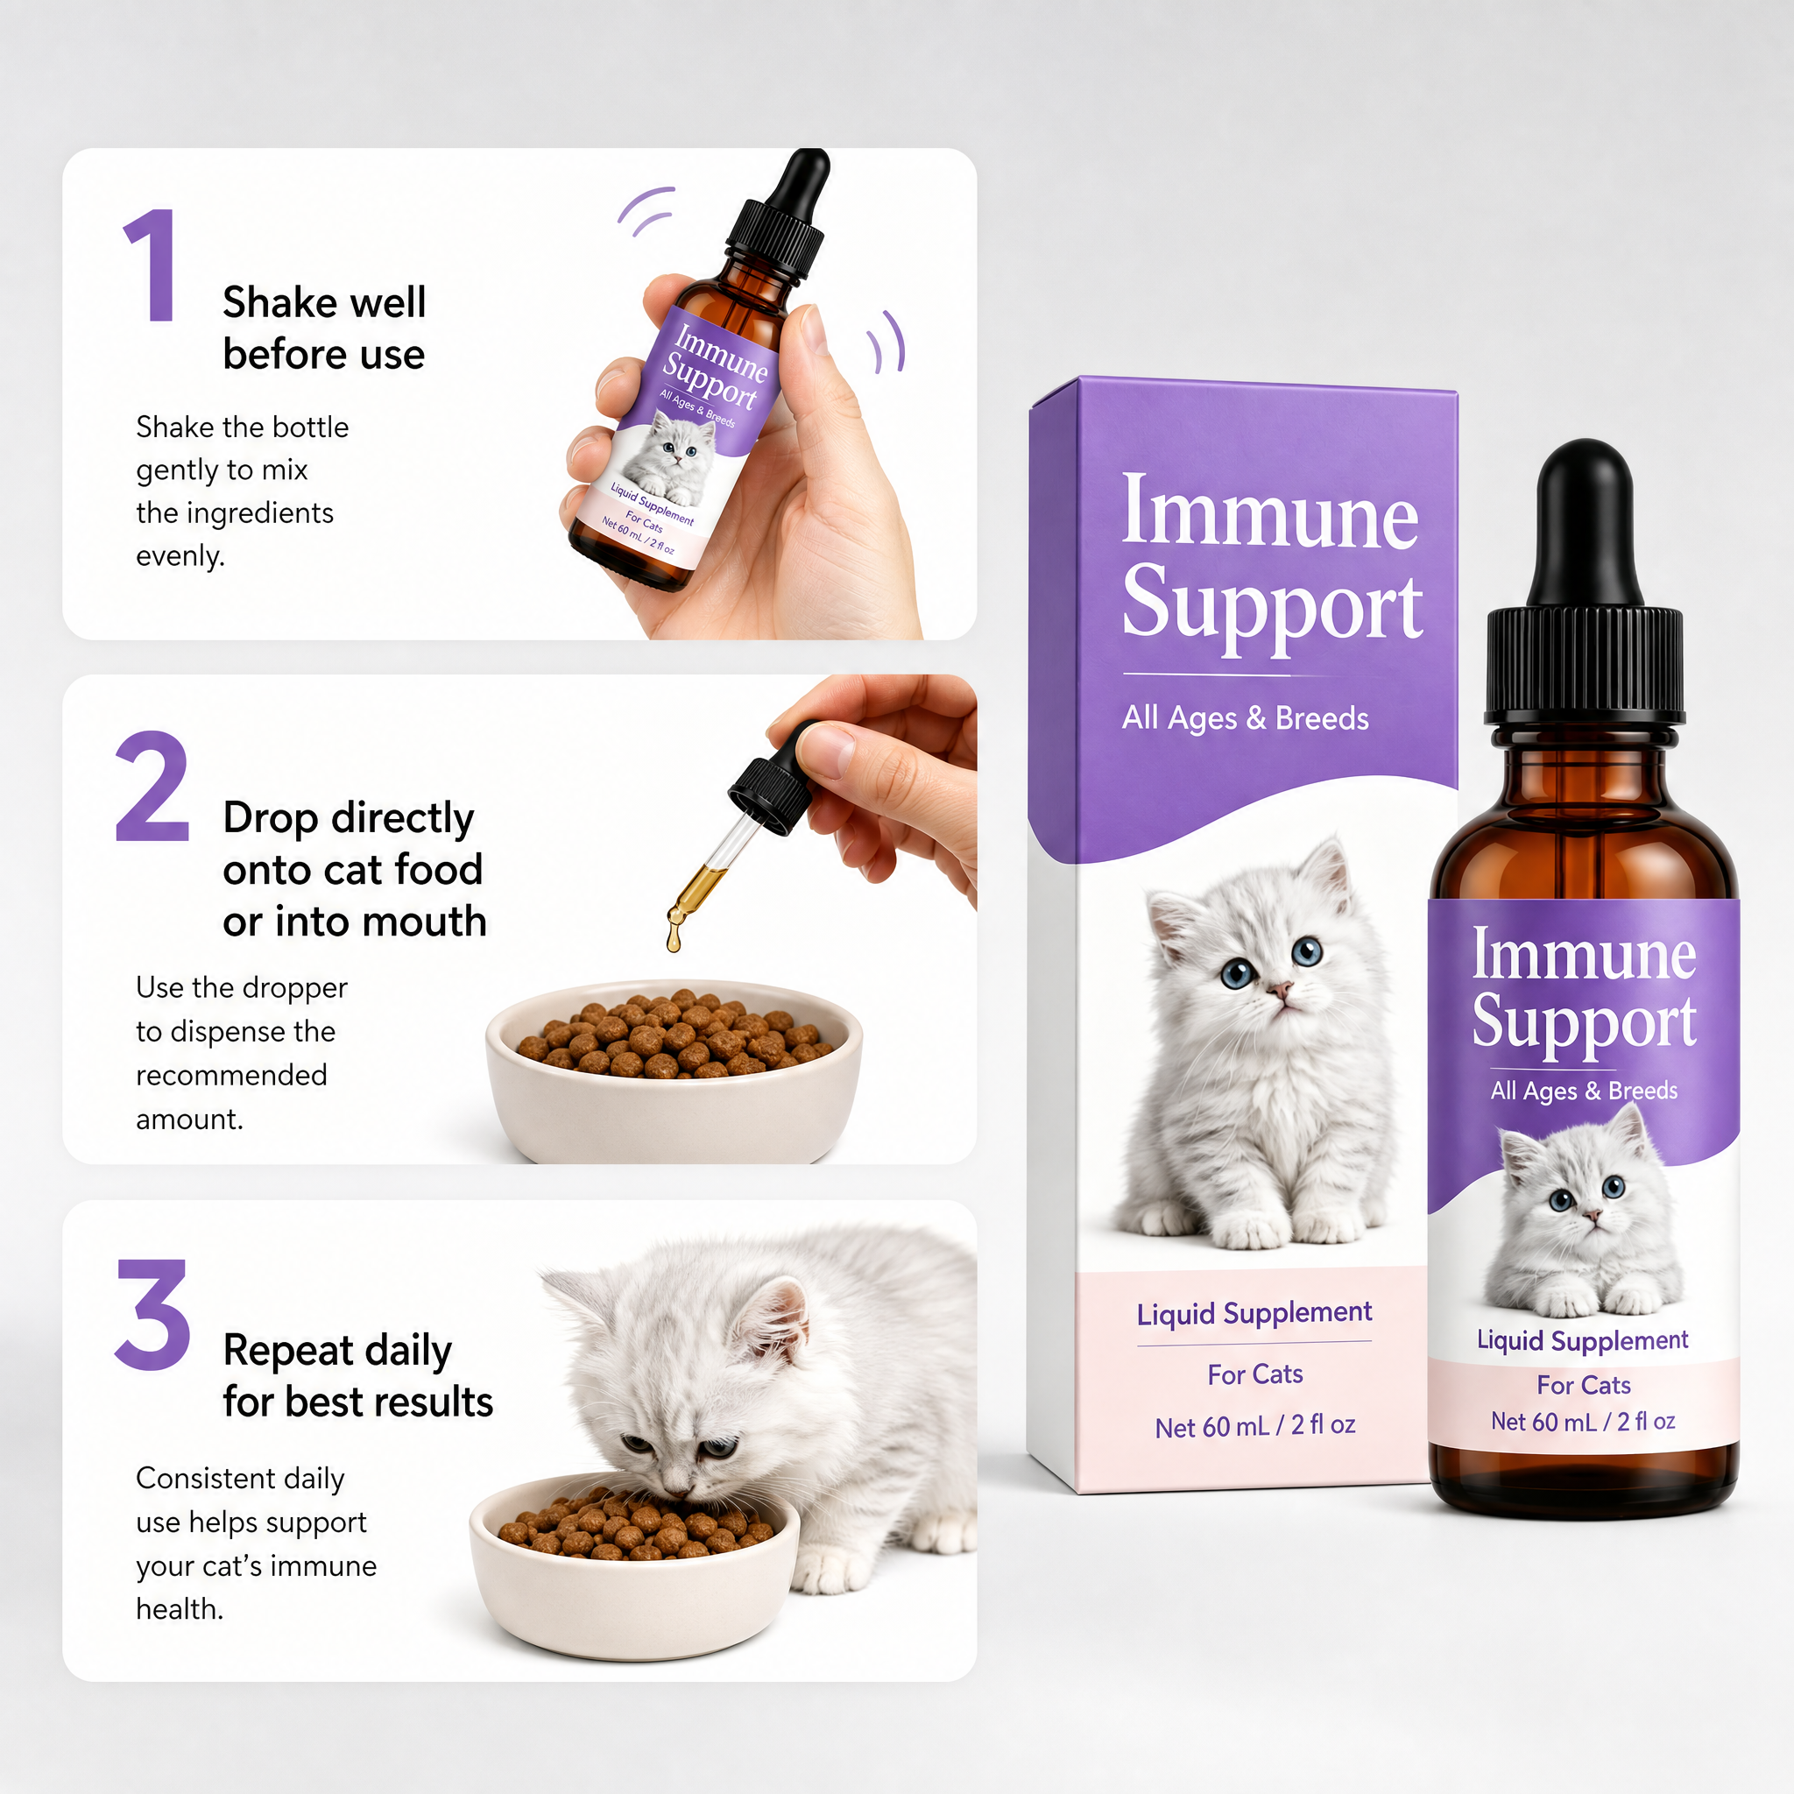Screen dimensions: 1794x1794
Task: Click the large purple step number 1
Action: pos(152,265)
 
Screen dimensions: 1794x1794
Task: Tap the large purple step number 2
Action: pos(152,786)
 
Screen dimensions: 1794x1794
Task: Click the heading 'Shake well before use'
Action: pos(324,328)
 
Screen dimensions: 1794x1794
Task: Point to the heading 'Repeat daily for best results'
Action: pos(357,1375)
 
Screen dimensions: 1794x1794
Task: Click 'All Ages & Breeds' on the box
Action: pos(1246,717)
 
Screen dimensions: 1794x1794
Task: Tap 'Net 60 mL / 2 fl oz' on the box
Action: pos(1254,1425)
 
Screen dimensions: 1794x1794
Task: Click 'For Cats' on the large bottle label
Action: pos(1583,1386)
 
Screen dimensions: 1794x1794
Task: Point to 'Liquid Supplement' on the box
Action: pos(1254,1313)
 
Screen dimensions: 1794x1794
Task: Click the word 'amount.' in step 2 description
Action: pos(189,1119)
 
